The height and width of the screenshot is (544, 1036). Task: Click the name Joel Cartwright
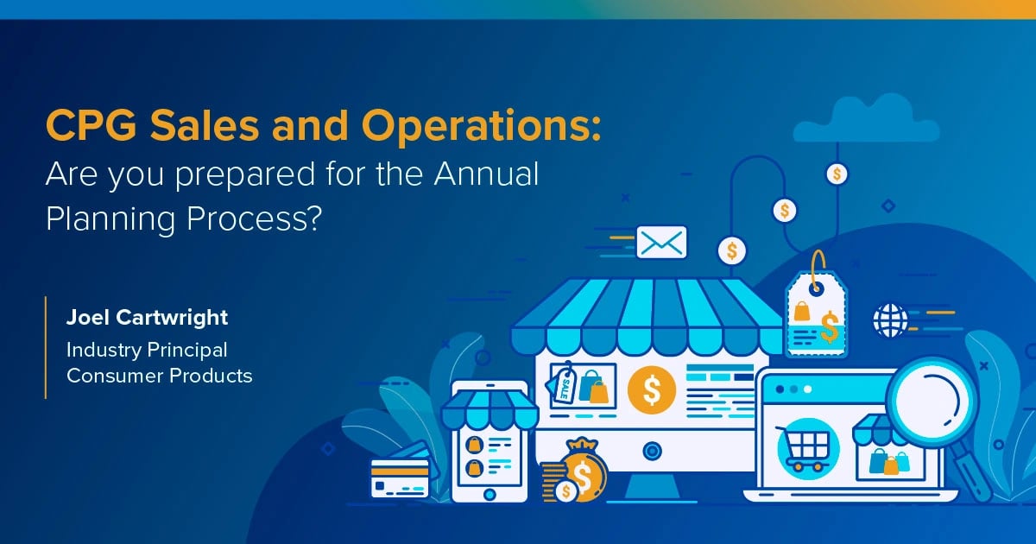(x=148, y=318)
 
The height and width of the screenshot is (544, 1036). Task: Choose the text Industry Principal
(x=147, y=350)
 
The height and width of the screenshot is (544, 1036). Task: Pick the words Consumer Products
(x=160, y=376)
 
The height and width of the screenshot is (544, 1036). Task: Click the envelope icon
(x=661, y=243)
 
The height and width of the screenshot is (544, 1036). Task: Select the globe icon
(x=890, y=319)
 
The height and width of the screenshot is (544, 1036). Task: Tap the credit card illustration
(x=400, y=474)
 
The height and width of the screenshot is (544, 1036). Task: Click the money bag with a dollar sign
(x=583, y=471)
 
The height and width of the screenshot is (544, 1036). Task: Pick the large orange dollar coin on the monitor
(x=652, y=389)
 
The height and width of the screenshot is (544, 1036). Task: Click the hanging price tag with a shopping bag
(x=816, y=311)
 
